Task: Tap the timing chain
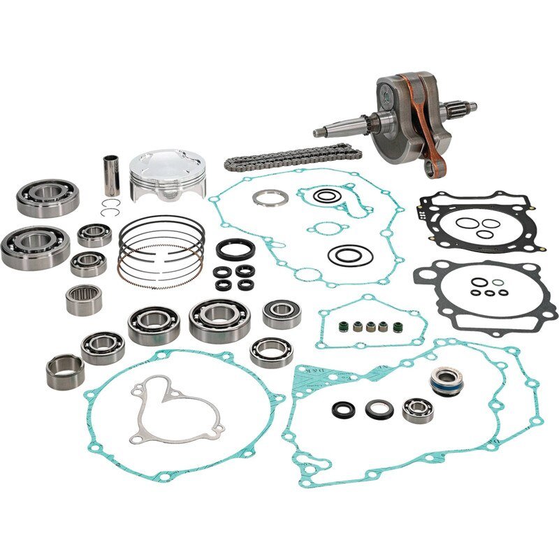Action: pyautogui.click(x=293, y=157)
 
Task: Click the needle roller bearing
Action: pyautogui.click(x=84, y=299)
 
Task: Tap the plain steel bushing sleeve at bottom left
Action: pyautogui.click(x=65, y=371)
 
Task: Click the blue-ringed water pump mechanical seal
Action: pyautogui.click(x=445, y=382)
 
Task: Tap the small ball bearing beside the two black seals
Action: pyautogui.click(x=419, y=409)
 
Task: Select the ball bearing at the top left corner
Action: pyautogui.click(x=47, y=197)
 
